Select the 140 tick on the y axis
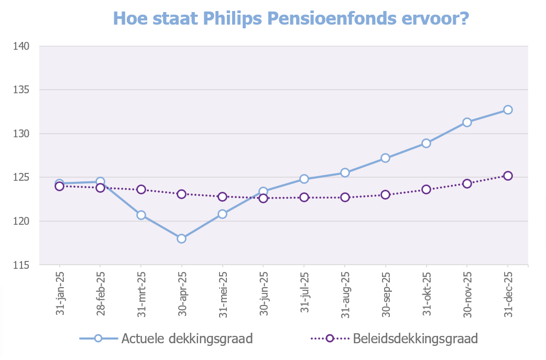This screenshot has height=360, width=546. click(x=21, y=46)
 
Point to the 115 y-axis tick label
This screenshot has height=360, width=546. click(x=21, y=265)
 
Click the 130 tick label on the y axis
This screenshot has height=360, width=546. click(x=21, y=134)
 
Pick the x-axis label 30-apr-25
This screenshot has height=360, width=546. click(x=181, y=293)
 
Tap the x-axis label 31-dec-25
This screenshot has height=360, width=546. click(x=507, y=293)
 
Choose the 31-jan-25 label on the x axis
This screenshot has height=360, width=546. click(x=59, y=293)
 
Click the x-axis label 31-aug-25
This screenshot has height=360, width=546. click(x=344, y=293)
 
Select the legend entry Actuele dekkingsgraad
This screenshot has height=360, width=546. click(x=187, y=339)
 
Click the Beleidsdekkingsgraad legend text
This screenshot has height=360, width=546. click(x=415, y=339)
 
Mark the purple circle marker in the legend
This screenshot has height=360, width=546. click(x=330, y=338)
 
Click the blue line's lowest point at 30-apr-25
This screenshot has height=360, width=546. click(x=182, y=238)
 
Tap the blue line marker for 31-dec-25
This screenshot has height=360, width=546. click(x=508, y=110)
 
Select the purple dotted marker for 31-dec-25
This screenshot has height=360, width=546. click(x=508, y=176)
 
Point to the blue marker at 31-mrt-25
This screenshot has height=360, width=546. click(x=141, y=215)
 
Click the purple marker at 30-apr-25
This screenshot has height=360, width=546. click(x=182, y=194)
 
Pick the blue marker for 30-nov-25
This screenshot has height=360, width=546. click(x=467, y=122)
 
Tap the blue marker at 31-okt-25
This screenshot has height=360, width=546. click(x=426, y=143)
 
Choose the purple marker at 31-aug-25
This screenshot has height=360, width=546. click(x=345, y=198)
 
